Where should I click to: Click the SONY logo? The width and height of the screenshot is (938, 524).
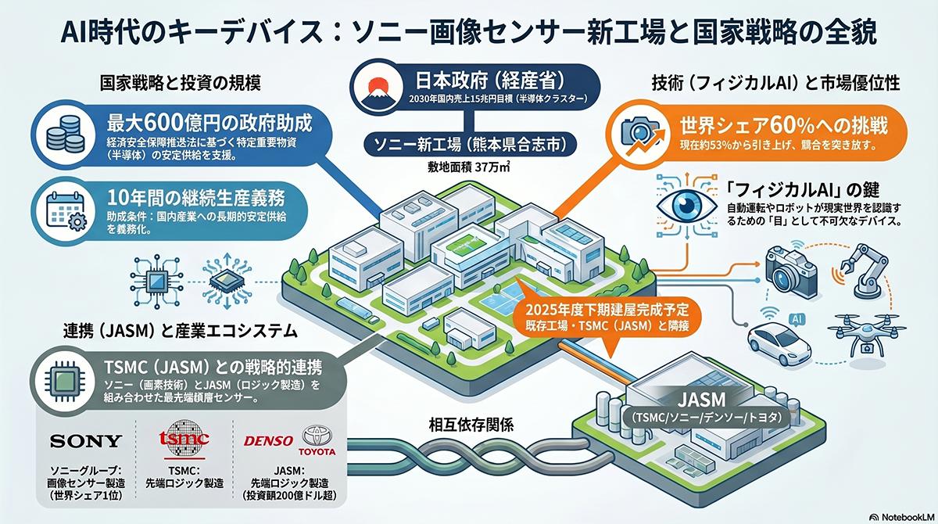(x=86, y=441)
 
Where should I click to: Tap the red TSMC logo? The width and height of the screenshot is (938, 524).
(x=184, y=439)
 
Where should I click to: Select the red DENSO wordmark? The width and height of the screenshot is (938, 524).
(x=268, y=440)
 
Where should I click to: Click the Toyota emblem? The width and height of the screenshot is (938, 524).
(x=317, y=436)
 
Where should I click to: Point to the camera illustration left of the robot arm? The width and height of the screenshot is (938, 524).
(x=790, y=267)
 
